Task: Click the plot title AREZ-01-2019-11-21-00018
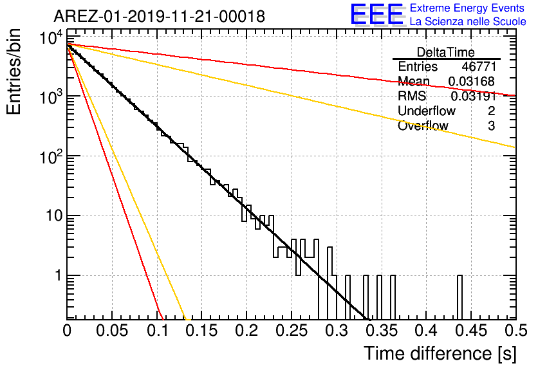160,16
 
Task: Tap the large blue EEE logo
377,14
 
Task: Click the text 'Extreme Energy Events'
467,8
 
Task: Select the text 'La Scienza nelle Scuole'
468,21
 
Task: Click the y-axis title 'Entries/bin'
14,72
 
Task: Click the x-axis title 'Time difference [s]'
440,354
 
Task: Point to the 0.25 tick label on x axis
292,331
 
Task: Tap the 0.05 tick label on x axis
112,331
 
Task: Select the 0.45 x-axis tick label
471,331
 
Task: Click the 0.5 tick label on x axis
516,331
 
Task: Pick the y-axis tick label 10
54,216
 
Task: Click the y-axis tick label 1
59,275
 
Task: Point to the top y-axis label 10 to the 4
51,37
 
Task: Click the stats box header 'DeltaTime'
446,52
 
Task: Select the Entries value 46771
479,66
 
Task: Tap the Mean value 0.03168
472,81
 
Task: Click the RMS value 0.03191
474,96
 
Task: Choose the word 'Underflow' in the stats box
427,111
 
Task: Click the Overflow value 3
492,126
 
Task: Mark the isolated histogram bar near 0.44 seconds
459,297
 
